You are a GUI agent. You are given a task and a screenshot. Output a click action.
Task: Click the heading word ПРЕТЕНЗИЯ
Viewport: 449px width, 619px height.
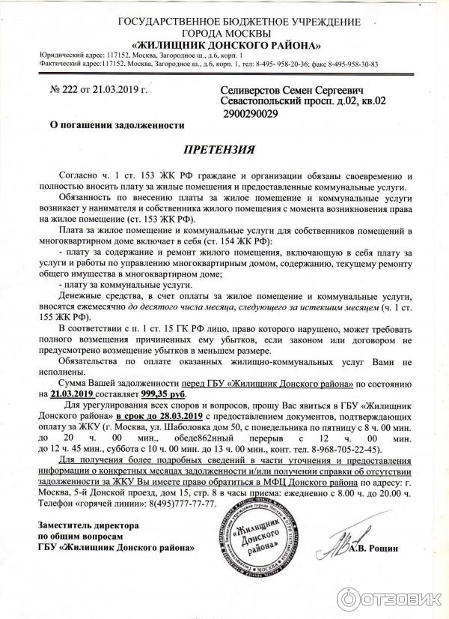(224, 149)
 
